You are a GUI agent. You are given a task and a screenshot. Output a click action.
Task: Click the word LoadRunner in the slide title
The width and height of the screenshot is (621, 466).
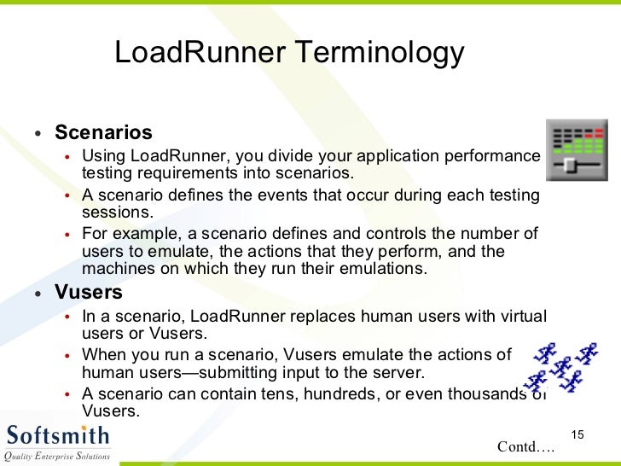point(200,54)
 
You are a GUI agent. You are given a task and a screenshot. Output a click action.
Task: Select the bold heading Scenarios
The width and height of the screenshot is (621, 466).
point(103,133)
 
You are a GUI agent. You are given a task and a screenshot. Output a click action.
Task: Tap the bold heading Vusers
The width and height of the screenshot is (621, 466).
point(89,293)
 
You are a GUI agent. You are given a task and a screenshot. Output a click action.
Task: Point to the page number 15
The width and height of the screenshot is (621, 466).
point(576,436)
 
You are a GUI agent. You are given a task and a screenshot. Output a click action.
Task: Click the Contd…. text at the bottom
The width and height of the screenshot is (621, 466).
point(525,446)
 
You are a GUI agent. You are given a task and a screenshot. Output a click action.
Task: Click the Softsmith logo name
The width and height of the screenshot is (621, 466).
point(58,434)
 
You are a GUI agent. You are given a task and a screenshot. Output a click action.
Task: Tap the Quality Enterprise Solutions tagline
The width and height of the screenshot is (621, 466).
point(57,456)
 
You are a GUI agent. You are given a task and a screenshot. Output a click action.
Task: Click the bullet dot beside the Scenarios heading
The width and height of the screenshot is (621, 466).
point(38,134)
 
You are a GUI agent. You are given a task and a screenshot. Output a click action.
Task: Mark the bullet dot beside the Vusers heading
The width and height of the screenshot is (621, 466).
point(38,294)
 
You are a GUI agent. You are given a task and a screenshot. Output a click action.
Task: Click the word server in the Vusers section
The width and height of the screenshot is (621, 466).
point(398,372)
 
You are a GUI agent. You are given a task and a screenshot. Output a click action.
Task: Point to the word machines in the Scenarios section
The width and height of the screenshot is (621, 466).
point(115,268)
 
